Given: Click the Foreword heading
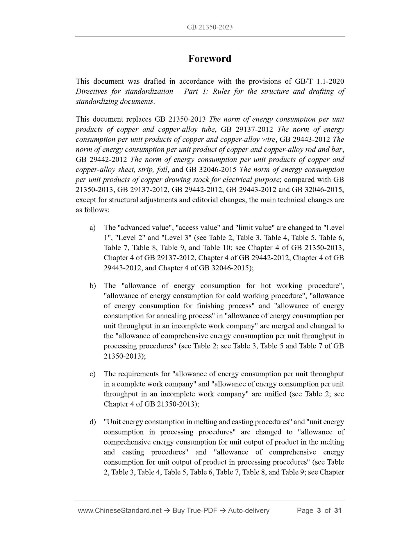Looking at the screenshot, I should point(210,59).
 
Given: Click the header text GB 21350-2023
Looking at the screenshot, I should point(210,27).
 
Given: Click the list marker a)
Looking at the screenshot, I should point(92,228).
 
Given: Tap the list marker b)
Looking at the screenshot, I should point(92,286).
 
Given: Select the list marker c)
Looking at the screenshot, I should point(92,374).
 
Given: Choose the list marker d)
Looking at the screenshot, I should point(92,422).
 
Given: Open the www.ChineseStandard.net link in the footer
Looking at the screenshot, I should point(120,518).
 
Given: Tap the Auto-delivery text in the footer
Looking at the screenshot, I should point(249,518).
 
